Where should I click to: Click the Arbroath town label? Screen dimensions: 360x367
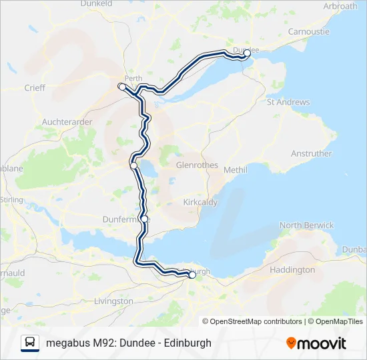pyautogui.click(x=340, y=6)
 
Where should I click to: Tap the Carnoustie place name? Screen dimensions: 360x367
pyautogui.click(x=309, y=31)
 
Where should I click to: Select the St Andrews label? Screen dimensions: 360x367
pyautogui.click(x=288, y=102)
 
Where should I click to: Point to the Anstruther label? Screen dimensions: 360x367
pyautogui.click(x=311, y=153)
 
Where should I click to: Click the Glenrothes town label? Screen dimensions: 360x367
pyautogui.click(x=197, y=165)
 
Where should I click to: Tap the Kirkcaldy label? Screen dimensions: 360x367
pyautogui.click(x=200, y=201)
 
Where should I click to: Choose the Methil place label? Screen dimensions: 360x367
pyautogui.click(x=235, y=170)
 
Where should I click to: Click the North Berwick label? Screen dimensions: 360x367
pyautogui.click(x=306, y=225)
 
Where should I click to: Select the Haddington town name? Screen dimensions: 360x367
pyautogui.click(x=292, y=270)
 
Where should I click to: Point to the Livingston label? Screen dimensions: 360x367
pyautogui.click(x=114, y=301)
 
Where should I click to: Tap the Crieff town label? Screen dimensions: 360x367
pyautogui.click(x=35, y=87)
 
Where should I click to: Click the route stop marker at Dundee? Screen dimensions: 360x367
pyautogui.click(x=247, y=53)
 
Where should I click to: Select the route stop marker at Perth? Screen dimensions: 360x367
pyautogui.click(x=121, y=87)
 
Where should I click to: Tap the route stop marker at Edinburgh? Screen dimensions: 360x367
pyautogui.click(x=192, y=273)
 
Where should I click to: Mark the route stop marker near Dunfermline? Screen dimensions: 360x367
pyautogui.click(x=144, y=219)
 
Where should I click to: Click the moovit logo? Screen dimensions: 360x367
pyautogui.click(x=316, y=343)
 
